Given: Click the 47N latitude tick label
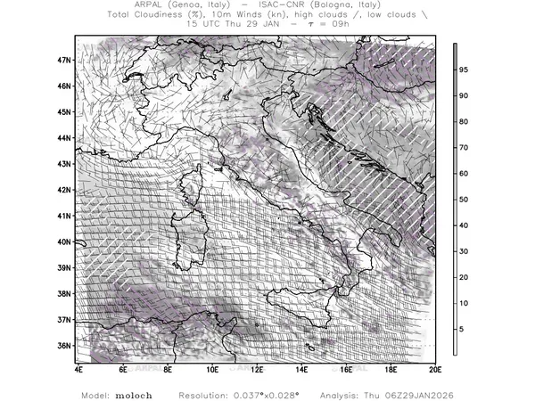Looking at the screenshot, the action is click(64, 60).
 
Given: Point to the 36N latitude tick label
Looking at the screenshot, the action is click(64, 345).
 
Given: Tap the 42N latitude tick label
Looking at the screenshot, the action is click(64, 190).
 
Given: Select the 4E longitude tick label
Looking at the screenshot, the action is click(78, 368).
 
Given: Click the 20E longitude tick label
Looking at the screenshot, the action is click(434, 368).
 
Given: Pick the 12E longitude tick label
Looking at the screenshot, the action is click(257, 368).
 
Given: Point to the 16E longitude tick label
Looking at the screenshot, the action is click(346, 368).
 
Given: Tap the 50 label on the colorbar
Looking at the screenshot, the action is click(464, 200).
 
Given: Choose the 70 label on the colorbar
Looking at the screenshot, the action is click(464, 148).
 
